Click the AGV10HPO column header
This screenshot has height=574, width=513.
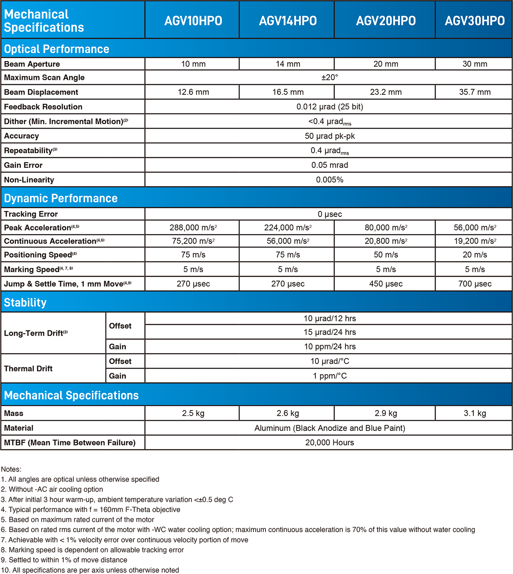click(193, 20)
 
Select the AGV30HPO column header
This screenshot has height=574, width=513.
click(475, 20)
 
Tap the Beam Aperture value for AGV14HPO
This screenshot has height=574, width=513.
click(288, 64)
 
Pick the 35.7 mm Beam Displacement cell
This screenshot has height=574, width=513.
click(475, 92)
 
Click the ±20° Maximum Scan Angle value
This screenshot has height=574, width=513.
click(330, 77)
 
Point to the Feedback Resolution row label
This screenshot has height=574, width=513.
click(43, 107)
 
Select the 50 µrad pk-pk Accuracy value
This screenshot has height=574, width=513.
click(330, 136)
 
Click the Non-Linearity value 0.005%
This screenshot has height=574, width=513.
click(330, 180)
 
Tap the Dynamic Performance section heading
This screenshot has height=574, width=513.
click(61, 198)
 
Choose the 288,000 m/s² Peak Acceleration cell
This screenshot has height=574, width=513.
click(193, 228)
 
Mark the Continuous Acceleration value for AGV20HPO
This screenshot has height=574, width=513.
click(386, 241)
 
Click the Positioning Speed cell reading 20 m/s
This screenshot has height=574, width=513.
click(475, 255)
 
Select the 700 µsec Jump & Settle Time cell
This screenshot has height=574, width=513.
click(475, 284)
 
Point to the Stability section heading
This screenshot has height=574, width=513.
click(25, 302)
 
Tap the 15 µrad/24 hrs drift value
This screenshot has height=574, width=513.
click(330, 332)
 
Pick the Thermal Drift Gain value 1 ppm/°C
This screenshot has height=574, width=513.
click(330, 376)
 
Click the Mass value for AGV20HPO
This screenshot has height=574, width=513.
click(386, 413)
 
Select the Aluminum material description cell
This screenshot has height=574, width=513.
click(330, 428)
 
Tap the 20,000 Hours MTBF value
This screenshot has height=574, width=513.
click(330, 442)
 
